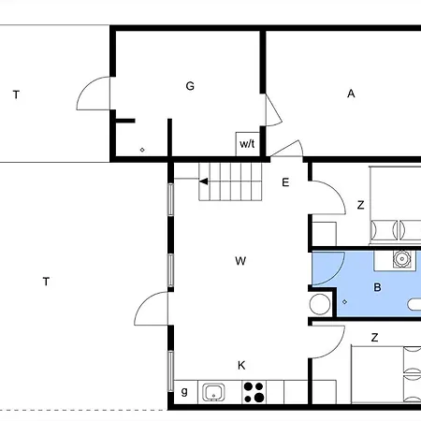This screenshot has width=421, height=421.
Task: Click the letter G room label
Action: (190, 86)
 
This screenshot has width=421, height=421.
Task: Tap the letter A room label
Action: (351, 94)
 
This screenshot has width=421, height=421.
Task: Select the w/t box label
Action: (247, 144)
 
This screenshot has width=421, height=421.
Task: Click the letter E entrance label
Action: (285, 182)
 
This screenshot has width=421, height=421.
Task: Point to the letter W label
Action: (240, 261)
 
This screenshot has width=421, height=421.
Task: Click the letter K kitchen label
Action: (241, 365)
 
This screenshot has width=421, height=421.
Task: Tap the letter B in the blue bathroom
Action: (377, 287)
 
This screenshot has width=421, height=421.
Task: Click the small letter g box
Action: (184, 392)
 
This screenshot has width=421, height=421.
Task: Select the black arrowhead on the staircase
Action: (204, 181)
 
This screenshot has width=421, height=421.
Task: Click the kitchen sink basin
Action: (213, 392)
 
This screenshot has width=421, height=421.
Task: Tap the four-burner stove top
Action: (254, 392)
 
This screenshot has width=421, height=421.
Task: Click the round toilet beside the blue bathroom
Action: (320, 304)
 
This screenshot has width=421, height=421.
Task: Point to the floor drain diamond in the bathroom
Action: (344, 302)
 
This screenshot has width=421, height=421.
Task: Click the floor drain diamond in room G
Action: (142, 150)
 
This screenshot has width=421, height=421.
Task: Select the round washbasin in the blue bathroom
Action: (402, 259)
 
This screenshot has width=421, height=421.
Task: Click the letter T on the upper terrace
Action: (16, 94)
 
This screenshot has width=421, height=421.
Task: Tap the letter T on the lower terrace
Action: (46, 282)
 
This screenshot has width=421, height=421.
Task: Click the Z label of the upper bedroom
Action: (361, 205)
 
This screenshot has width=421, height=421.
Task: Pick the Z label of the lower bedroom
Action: (375, 338)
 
